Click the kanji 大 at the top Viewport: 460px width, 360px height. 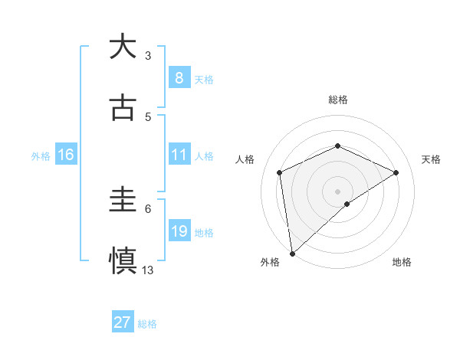[123, 47]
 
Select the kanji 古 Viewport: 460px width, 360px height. [123, 108]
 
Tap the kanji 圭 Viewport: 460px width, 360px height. [123, 200]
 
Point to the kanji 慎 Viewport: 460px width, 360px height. [123, 260]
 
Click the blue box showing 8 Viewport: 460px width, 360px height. [179, 78]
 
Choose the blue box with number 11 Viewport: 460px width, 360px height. [179, 155]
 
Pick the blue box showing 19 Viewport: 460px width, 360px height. [179, 231]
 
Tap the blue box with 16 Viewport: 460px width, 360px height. [66, 155]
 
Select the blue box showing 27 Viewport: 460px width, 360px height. [123, 322]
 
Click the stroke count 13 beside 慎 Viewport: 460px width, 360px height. [148, 270]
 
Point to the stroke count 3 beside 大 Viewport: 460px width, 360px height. [148, 55]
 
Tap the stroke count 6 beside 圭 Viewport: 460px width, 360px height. [148, 208]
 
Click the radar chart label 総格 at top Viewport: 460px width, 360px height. [337, 100]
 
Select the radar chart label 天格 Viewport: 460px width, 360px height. [431, 159]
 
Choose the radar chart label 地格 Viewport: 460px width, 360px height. [402, 263]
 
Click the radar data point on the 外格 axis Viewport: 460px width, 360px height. [291, 253]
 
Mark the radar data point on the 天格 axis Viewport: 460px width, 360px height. [396, 172]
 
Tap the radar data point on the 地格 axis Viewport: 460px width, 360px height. [347, 204]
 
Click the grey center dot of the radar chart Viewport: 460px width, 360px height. [337, 191]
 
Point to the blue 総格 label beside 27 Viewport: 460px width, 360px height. [147, 324]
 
